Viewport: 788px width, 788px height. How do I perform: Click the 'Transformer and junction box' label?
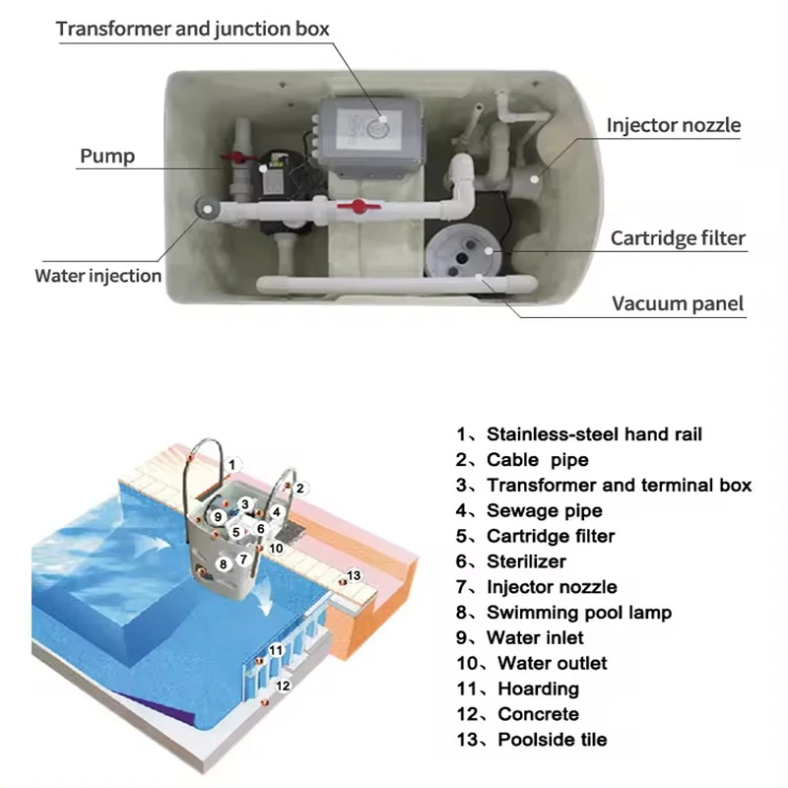[192, 28]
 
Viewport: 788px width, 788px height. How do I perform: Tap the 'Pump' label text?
[107, 156]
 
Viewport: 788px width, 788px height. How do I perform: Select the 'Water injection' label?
[98, 276]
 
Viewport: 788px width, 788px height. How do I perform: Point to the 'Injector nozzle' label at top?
[673, 125]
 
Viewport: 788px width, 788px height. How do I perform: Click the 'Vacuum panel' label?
[678, 303]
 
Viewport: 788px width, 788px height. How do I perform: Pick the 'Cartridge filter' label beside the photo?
[678, 237]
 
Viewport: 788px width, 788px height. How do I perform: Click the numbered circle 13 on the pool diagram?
[355, 575]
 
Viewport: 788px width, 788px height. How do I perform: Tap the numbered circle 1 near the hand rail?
[231, 463]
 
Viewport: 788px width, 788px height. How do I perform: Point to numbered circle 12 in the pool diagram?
[283, 685]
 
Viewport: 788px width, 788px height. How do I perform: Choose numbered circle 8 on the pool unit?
[225, 563]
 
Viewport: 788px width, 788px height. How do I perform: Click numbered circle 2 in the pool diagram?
[301, 487]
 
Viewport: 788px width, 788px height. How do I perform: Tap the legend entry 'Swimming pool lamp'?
[578, 613]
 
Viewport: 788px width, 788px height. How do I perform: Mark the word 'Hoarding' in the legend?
[538, 689]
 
